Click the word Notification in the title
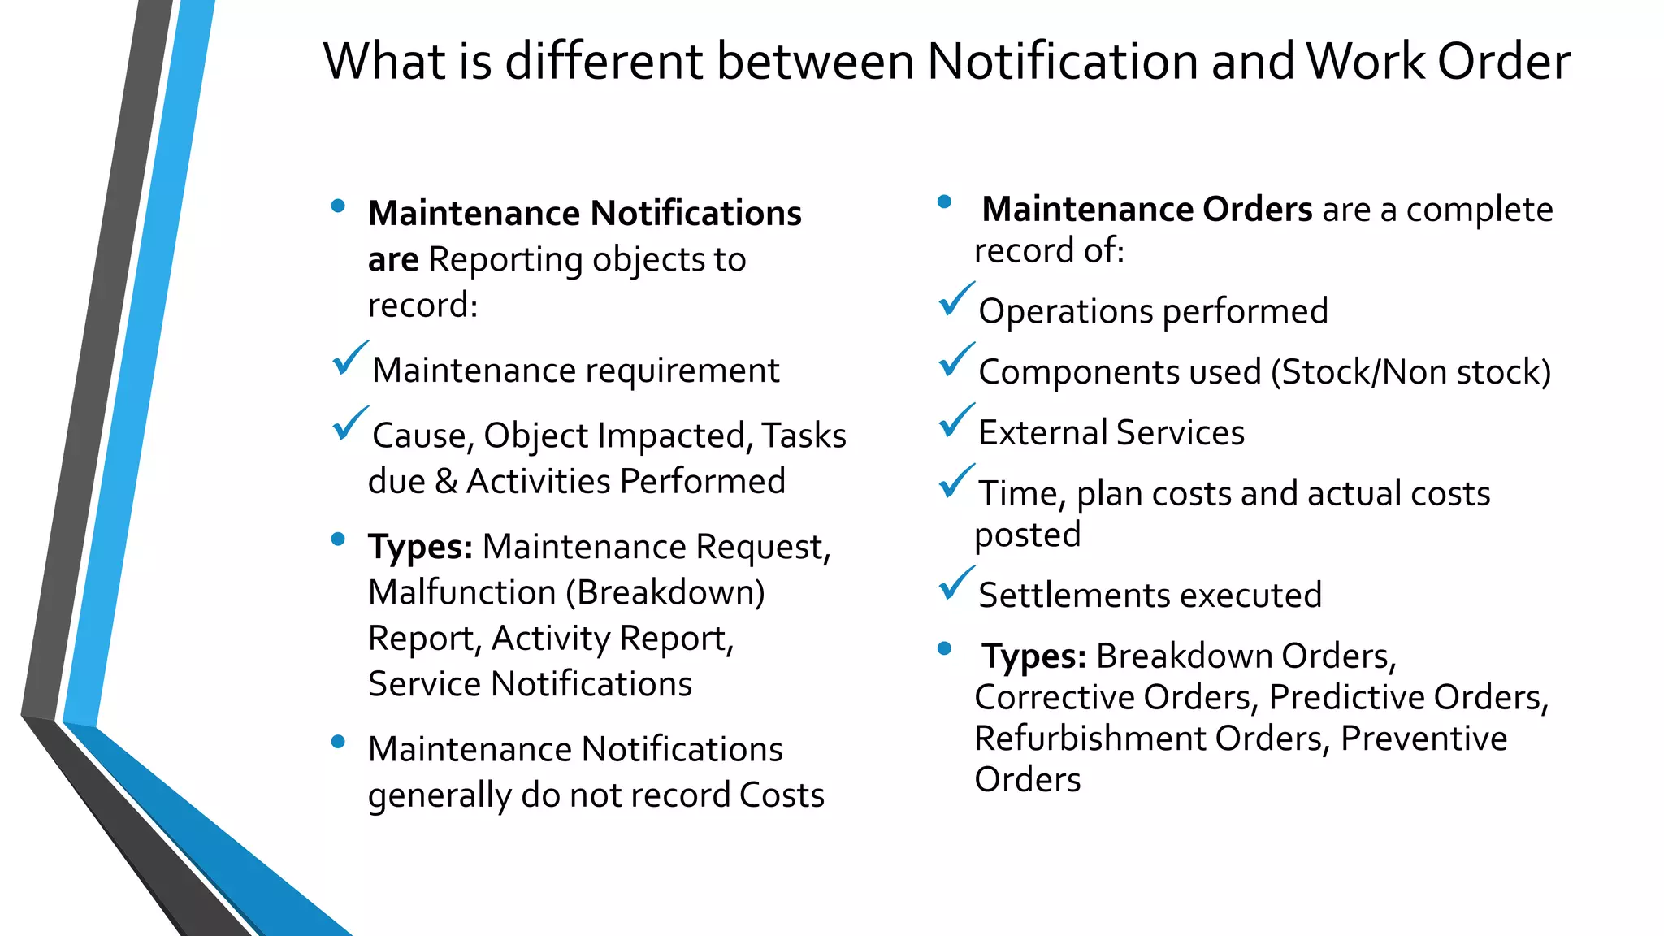coord(1061,62)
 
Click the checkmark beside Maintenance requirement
coord(350,358)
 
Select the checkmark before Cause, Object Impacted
coord(350,423)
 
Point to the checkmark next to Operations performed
coord(956,300)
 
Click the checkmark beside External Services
coord(956,421)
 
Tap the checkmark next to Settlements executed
coord(956,583)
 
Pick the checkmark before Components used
coord(956,361)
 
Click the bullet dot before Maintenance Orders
coord(944,201)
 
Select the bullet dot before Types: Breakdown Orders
coord(944,648)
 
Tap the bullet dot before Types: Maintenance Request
coord(339,539)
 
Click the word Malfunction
coord(461,592)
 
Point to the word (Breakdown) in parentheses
coord(665,592)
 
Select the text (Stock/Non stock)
coord(1411,372)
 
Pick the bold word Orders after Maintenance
coord(1257,210)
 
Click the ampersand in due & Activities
coord(446,481)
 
